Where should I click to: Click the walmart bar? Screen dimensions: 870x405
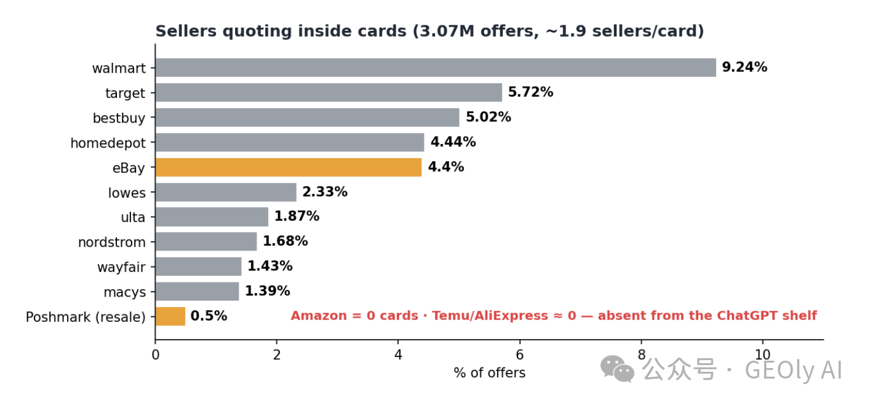pos(436,68)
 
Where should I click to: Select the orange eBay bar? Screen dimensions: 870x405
pos(289,167)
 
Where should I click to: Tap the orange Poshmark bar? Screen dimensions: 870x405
pos(170,316)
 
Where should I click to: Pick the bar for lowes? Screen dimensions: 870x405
pos(226,192)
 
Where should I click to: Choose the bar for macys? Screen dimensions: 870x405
pos(198,292)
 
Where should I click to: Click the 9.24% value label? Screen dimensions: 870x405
pos(744,67)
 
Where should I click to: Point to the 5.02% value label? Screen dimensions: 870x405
pos(489,117)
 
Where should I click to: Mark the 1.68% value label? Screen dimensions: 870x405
pos(285,241)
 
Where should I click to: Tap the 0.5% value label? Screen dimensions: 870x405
pos(209,316)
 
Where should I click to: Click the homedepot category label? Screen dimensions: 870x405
pos(108,143)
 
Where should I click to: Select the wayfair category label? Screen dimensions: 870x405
pos(122,267)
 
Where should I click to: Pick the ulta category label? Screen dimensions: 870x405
pos(134,217)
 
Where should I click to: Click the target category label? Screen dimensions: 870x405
pos(126,94)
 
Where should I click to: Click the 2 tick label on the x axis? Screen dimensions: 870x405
pos(276,355)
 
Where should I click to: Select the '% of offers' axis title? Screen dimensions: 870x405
pos(489,373)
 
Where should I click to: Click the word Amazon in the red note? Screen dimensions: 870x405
pos(319,316)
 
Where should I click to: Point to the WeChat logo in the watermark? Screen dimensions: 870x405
pos(618,369)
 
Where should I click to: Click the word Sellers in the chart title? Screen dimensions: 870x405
pos(186,31)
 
